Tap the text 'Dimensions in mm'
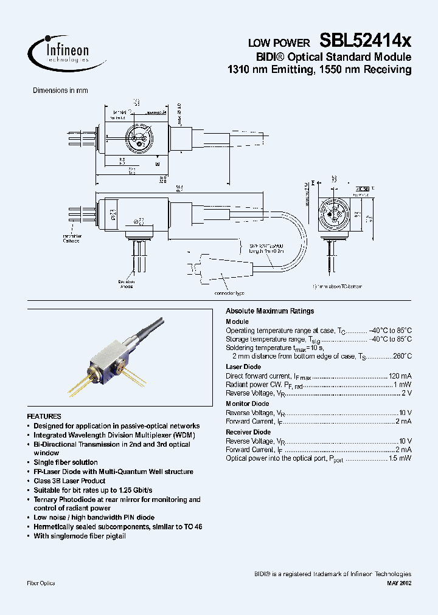(x=60, y=91)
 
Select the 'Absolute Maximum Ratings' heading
(x=269, y=311)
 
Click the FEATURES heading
(x=44, y=417)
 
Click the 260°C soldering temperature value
(x=401, y=357)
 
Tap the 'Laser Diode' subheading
(x=243, y=367)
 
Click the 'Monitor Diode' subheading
(x=247, y=404)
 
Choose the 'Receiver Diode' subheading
(x=248, y=431)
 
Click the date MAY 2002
(x=398, y=583)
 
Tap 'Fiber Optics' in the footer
(x=41, y=583)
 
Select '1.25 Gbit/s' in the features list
(x=134, y=490)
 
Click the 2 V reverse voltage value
(x=405, y=393)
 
